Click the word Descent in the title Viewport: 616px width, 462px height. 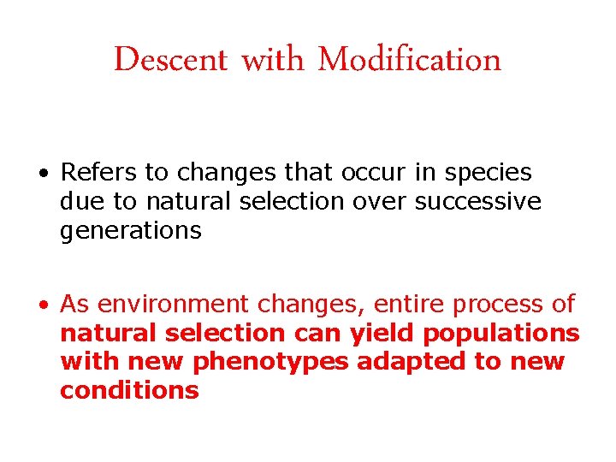point(170,60)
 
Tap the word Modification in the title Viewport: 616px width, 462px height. point(409,60)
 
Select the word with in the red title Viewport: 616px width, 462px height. point(272,60)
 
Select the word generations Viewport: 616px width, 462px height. point(131,231)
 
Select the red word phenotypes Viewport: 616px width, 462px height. point(270,363)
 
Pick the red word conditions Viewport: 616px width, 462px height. point(129,391)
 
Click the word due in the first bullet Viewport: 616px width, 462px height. point(80,202)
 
